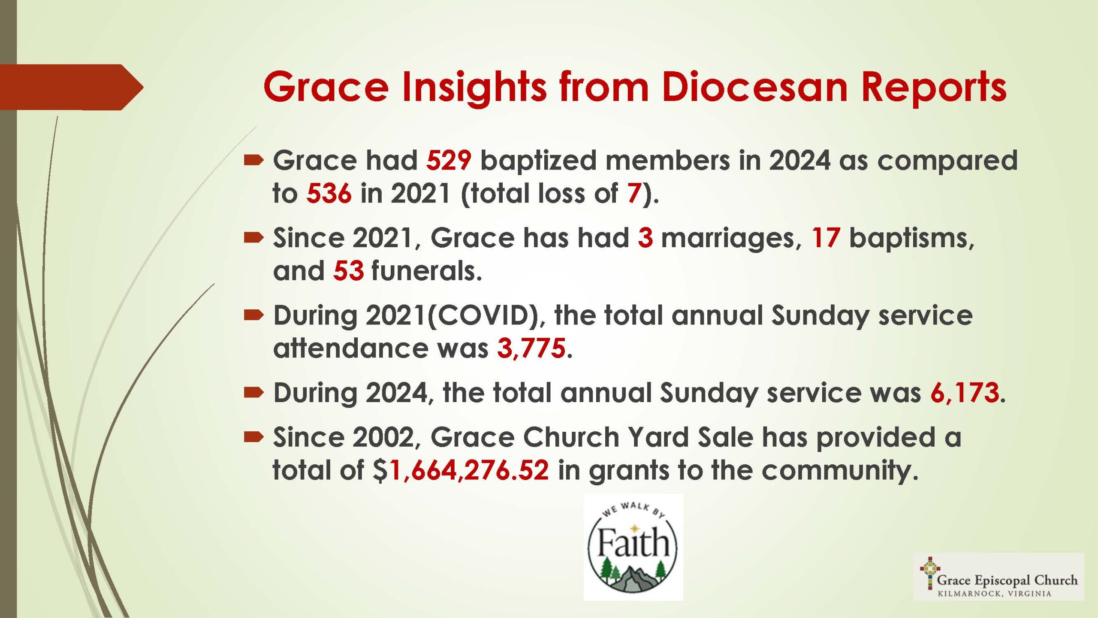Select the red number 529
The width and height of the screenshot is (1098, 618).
coord(449,160)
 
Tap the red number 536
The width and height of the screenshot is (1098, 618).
coord(329,193)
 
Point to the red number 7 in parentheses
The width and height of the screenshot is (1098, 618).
coord(634,193)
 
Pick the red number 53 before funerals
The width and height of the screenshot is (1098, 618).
coord(348,271)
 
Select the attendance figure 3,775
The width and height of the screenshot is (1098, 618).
coord(531,348)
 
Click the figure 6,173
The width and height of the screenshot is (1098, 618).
coord(965,392)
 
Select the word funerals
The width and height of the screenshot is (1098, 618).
coord(427,271)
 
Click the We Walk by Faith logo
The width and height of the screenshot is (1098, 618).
coord(633,547)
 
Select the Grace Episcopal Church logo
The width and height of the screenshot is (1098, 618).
coord(999,577)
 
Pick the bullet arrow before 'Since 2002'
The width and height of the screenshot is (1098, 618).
coord(253,437)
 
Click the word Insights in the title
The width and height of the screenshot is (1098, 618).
coord(474,88)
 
